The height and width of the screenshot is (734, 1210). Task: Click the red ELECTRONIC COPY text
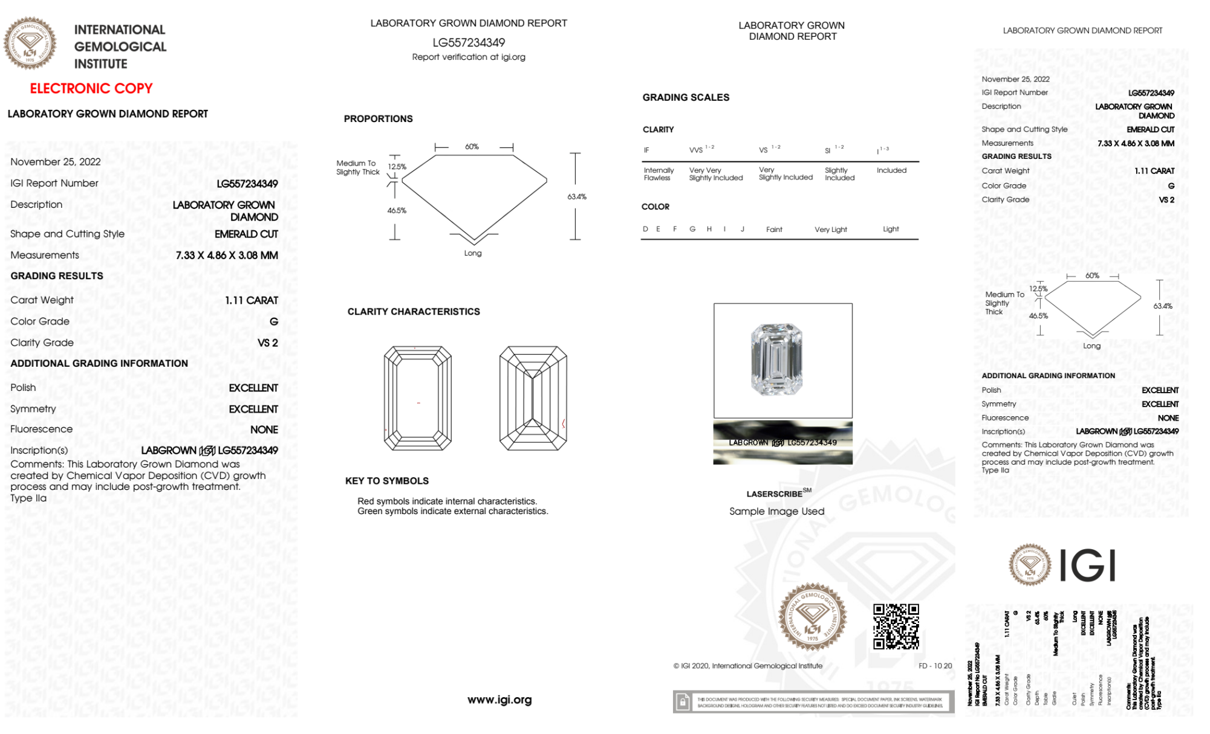coord(91,88)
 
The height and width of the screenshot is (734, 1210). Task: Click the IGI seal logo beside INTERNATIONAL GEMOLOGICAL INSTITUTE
coord(30,43)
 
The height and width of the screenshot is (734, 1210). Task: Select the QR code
coord(896,626)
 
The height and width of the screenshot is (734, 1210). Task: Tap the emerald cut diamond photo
coord(776,359)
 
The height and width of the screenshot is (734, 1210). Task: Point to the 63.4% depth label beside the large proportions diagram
coord(576,196)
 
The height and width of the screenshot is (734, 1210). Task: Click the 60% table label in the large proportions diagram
coord(472,147)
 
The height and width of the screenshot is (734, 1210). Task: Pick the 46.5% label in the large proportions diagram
coord(397,210)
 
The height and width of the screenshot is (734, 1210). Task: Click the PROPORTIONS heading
coord(378,119)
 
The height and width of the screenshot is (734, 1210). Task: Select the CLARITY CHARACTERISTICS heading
coord(414,312)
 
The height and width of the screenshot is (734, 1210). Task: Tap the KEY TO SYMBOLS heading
coord(387,481)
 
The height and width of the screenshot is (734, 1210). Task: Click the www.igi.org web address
coord(499,700)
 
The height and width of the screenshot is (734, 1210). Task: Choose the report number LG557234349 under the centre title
coord(469,42)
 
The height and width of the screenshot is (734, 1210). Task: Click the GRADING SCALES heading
coord(686,97)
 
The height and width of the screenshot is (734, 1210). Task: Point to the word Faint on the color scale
coord(774,230)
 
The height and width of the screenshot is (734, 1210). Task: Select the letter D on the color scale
coord(645,229)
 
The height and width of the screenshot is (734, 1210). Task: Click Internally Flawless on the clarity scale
coord(659,174)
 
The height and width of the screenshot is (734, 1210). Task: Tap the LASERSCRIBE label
coord(775,494)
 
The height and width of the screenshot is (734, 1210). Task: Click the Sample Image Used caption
coord(776,511)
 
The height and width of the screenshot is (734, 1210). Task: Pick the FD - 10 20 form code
coord(935,666)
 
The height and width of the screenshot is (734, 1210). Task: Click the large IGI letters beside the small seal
coord(1088,565)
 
